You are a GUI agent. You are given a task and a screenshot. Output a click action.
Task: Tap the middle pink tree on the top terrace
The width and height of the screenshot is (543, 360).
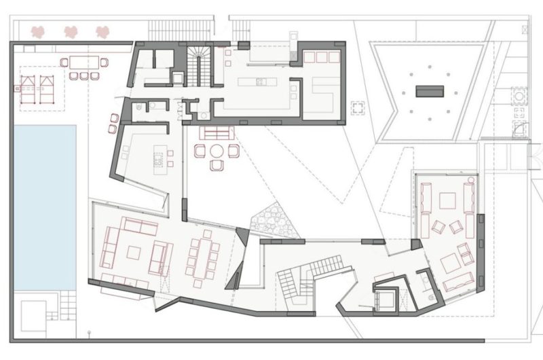pyautogui.click(x=70, y=31)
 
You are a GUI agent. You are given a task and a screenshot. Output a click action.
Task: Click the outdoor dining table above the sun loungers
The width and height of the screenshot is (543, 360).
pyautogui.click(x=84, y=63)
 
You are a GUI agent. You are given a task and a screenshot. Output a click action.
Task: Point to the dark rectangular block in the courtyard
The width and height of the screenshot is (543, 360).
pyautogui.click(x=430, y=90)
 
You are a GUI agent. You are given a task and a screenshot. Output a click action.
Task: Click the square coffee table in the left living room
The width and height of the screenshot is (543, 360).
pyautogui.click(x=134, y=252)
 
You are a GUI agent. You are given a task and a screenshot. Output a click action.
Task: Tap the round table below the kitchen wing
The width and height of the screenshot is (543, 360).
pyautogui.click(x=217, y=151)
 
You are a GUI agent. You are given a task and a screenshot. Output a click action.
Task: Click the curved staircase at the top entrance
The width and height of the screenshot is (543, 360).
pyautogui.click(x=199, y=65)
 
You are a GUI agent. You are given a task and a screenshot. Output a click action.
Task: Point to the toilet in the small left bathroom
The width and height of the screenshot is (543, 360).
pyautogui.click(x=138, y=107)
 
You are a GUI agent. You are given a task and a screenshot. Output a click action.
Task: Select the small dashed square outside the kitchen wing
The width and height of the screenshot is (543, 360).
pyautogui.click(x=358, y=108)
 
